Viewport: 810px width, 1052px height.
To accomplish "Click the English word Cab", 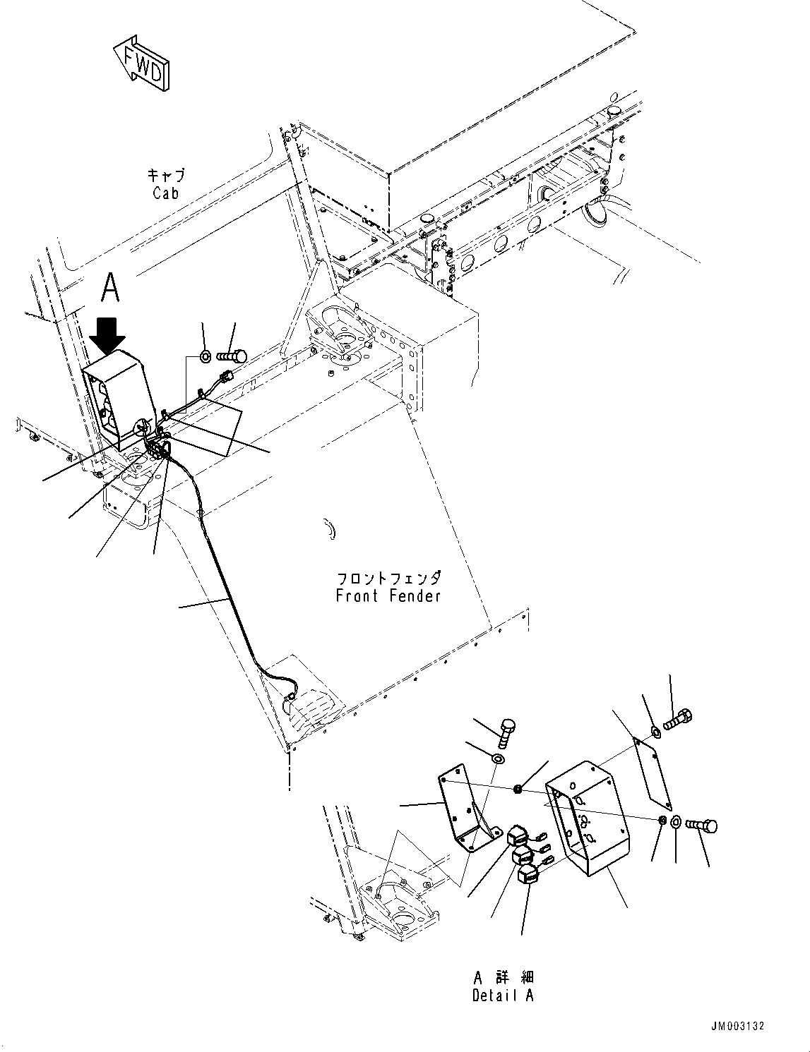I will [165, 193].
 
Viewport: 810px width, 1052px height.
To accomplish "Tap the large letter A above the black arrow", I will [110, 288].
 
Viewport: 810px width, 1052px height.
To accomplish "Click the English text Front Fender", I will [388, 595].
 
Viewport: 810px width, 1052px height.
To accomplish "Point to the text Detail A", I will [503, 996].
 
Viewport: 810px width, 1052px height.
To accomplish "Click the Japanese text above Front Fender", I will [388, 578].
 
